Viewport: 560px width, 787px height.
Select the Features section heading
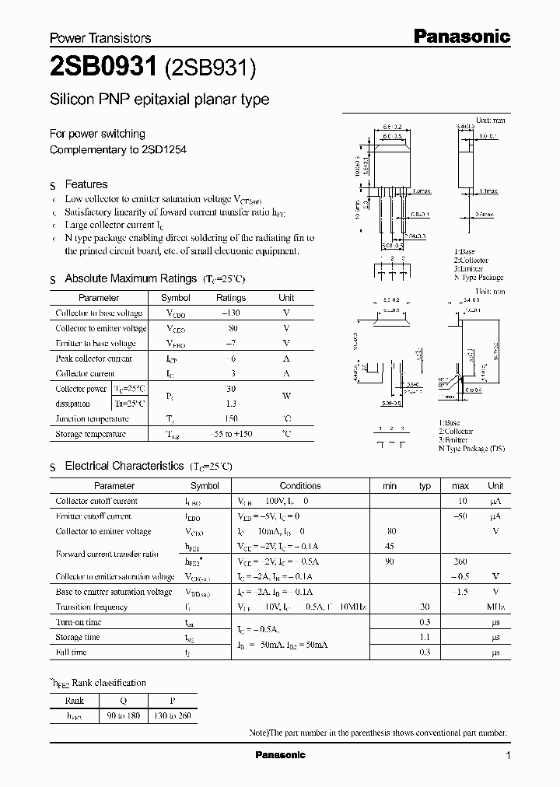(x=86, y=184)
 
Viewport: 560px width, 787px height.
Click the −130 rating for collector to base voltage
(x=230, y=313)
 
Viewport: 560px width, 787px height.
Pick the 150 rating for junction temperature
(x=230, y=418)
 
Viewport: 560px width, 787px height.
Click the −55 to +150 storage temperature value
(x=230, y=434)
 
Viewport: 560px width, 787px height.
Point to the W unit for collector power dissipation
(x=286, y=396)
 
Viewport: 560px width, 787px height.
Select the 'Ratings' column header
(x=230, y=298)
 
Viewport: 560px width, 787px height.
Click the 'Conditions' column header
(x=300, y=486)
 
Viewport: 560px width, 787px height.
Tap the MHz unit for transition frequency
(x=495, y=607)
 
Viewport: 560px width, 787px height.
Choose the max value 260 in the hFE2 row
(x=460, y=561)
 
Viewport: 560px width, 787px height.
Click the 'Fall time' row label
(x=72, y=652)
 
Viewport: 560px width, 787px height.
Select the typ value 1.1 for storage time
(x=425, y=638)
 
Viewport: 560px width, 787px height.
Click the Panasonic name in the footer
(x=281, y=755)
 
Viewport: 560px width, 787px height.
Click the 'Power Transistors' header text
(x=100, y=37)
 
